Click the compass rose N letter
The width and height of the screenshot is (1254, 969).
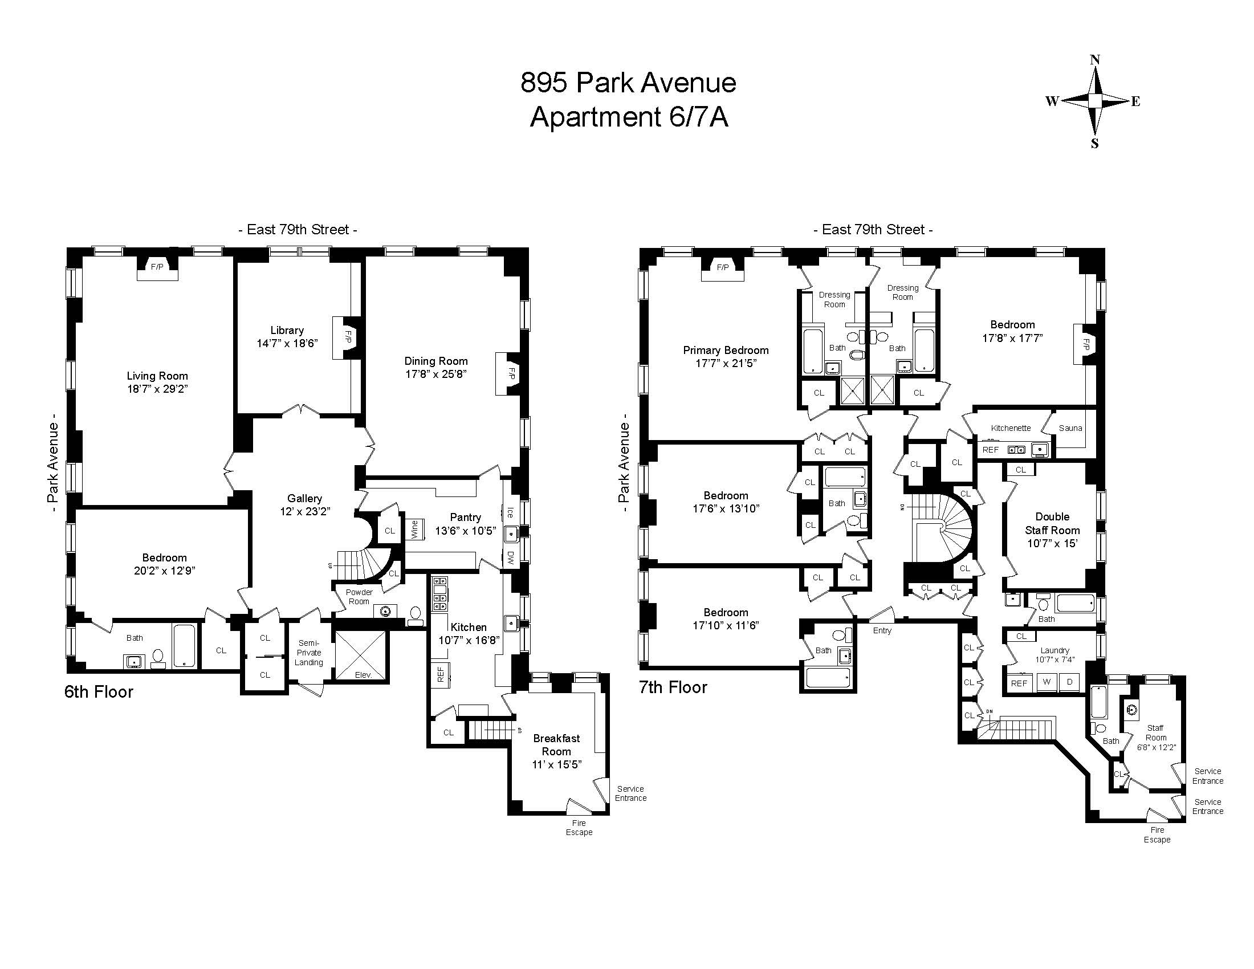[1095, 60]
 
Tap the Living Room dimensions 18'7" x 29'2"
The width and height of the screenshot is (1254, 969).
[157, 389]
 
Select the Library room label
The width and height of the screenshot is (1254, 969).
[287, 330]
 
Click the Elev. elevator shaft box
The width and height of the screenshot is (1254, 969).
[363, 657]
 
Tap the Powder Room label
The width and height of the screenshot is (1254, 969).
[359, 597]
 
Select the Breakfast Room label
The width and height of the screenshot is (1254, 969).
[556, 744]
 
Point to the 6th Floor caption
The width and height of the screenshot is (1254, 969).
[99, 692]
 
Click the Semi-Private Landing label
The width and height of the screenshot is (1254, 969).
[309, 653]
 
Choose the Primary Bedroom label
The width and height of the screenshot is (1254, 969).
[725, 350]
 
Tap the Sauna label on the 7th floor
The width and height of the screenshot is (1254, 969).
[1070, 428]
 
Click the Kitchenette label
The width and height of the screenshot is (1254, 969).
[1011, 428]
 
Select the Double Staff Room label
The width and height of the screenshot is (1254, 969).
[1052, 523]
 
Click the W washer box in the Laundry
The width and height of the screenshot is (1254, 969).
[1047, 682]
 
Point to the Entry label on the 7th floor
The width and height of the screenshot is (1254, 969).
[882, 630]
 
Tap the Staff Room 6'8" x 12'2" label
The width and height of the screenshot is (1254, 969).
[1156, 738]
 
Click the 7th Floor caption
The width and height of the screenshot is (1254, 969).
[673, 687]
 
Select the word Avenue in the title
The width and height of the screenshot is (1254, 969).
[689, 83]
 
